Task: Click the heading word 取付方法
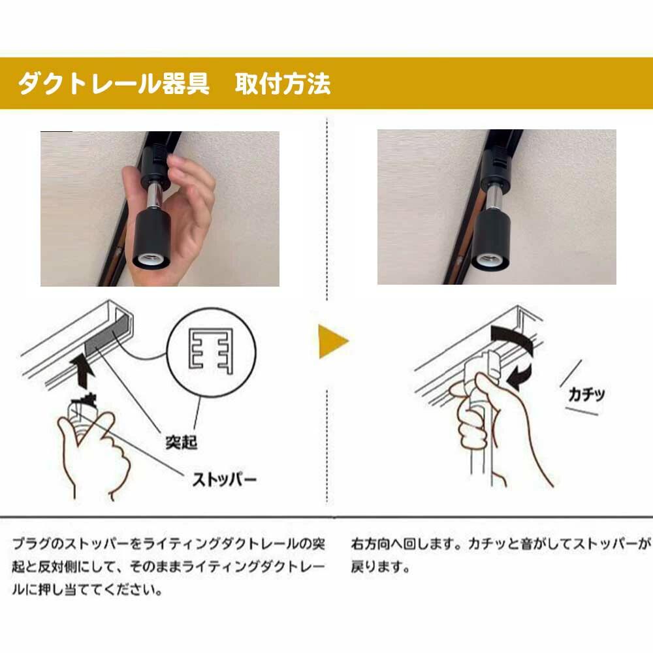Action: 283,84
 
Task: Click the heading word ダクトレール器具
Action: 113,84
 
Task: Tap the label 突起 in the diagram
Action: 181,442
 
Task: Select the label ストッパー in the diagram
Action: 224,480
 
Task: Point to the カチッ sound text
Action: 586,394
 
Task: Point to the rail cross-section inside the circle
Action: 211,350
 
